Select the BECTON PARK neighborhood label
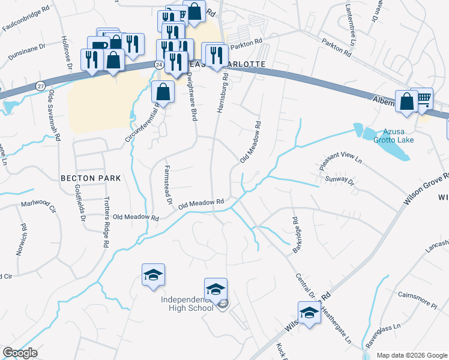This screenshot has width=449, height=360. (x=91, y=178)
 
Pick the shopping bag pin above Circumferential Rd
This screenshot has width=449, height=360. (x=163, y=92)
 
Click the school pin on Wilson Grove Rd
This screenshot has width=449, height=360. (x=309, y=313)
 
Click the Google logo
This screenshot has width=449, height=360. (x=20, y=353)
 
